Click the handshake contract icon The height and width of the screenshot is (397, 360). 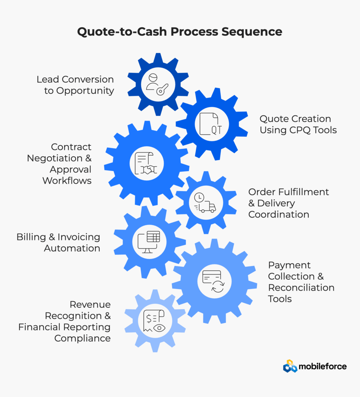click(x=147, y=163)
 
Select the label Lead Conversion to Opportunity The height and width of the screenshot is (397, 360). click(x=75, y=85)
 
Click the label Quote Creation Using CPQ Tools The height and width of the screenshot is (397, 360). click(x=298, y=124)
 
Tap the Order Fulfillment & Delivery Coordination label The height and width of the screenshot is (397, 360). click(x=289, y=203)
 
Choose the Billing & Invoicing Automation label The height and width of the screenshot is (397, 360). click(x=58, y=242)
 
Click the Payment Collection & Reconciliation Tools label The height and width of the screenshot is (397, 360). click(x=301, y=282)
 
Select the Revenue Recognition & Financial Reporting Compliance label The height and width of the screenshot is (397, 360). click(x=64, y=321)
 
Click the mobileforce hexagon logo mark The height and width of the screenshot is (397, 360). click(x=290, y=366)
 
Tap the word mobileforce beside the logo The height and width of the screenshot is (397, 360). click(x=323, y=366)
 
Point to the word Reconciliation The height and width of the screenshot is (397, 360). click(x=301, y=288)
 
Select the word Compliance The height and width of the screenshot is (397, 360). click(x=82, y=338)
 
